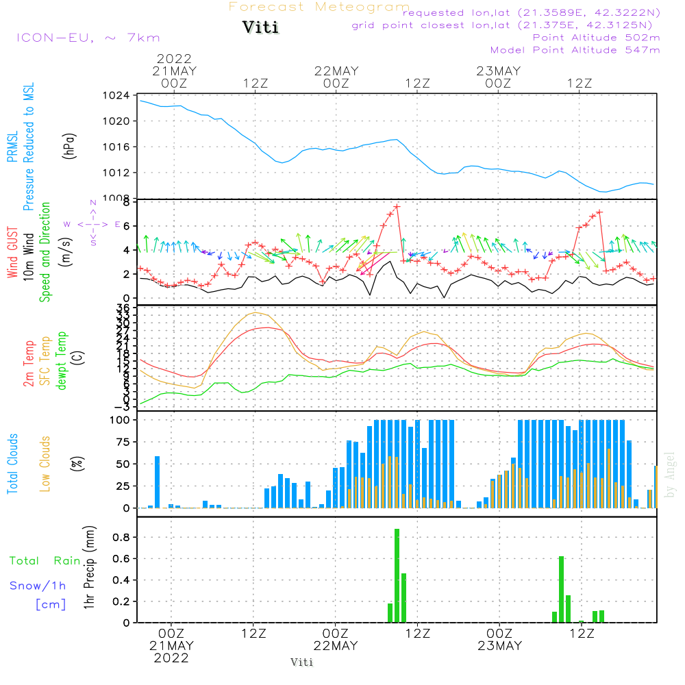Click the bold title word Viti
(260, 28)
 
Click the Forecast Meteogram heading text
(319, 7)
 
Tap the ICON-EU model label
(88, 38)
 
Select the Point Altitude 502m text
(596, 38)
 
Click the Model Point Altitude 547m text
(575, 50)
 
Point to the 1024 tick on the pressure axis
(120, 95)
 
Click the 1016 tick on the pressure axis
(120, 147)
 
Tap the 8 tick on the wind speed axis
(127, 202)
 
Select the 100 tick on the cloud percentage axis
(121, 419)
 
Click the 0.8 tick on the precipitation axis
(121, 537)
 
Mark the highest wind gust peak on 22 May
(397, 206)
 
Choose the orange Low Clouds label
(45, 464)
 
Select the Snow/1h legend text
(38, 586)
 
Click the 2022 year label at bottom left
(171, 658)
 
